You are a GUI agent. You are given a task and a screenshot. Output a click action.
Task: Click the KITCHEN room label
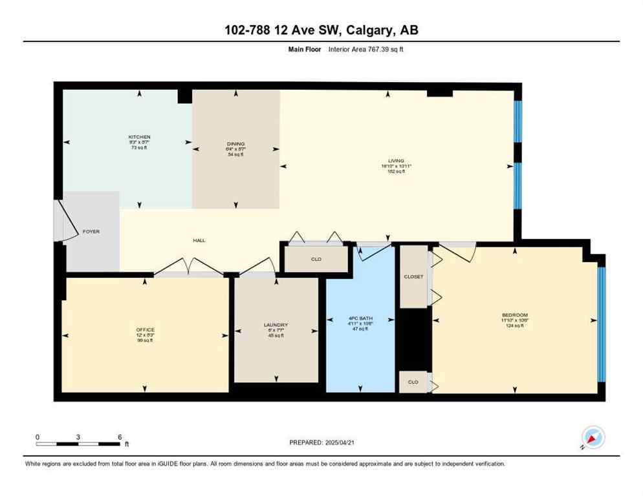tap(139, 137)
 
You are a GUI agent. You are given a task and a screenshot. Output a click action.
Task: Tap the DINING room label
tap(235, 144)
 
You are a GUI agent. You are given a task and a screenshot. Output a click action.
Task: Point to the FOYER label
tap(91, 231)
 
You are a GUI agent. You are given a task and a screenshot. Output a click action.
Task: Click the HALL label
tap(199, 240)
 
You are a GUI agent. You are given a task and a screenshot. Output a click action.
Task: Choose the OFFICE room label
tap(145, 329)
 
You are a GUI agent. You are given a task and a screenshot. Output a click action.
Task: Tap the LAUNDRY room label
tap(276, 325)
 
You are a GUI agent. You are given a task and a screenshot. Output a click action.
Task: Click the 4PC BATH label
tap(360, 318)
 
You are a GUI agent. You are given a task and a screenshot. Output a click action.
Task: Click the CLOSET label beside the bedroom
tap(413, 276)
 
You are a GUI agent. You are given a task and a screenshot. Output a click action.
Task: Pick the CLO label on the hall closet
tap(316, 259)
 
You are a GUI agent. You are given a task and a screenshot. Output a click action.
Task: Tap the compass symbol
tap(593, 438)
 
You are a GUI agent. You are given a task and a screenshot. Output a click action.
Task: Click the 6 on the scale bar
tap(120, 437)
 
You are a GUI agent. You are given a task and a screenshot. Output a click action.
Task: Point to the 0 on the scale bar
tap(38, 437)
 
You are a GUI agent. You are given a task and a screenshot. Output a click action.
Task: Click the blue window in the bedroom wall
tap(600, 324)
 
